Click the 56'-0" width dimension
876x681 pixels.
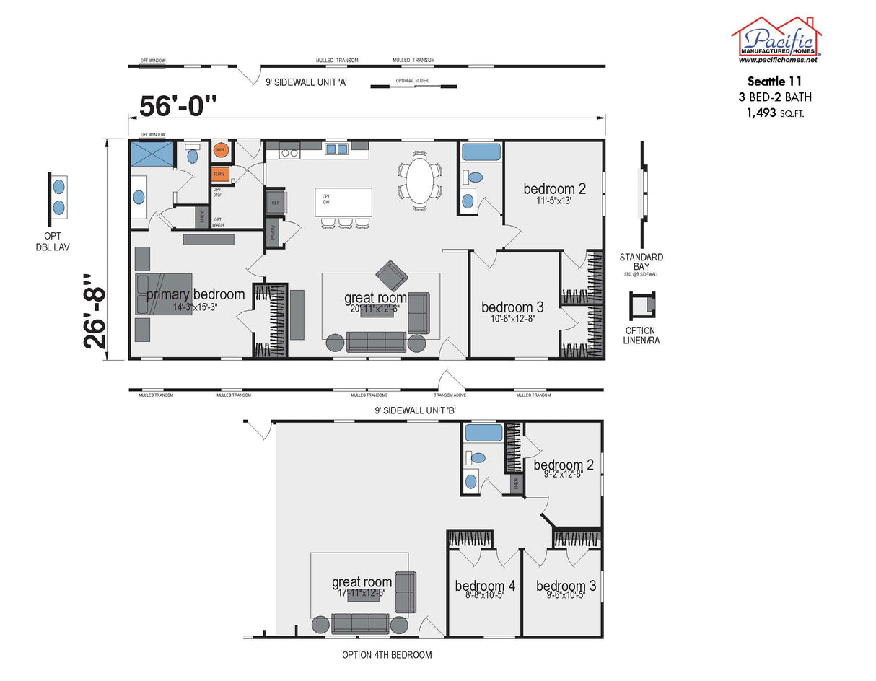pos(178,107)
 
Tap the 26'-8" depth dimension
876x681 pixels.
pos(95,310)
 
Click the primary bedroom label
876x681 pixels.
pos(196,294)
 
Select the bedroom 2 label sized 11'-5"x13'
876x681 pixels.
pos(554,189)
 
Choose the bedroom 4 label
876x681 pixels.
pos(485,586)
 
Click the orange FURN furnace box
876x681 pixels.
pos(219,175)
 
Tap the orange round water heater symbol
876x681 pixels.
pos(220,150)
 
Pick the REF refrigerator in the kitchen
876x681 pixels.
pos(275,203)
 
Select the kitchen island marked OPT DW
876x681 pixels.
pos(343,203)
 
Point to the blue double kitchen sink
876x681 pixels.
pos(336,149)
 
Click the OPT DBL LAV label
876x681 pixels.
pos(58,242)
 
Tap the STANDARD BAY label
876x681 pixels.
pos(641,262)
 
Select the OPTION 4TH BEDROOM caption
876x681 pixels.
pos(387,655)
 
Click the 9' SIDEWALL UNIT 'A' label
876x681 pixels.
pos(307,82)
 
